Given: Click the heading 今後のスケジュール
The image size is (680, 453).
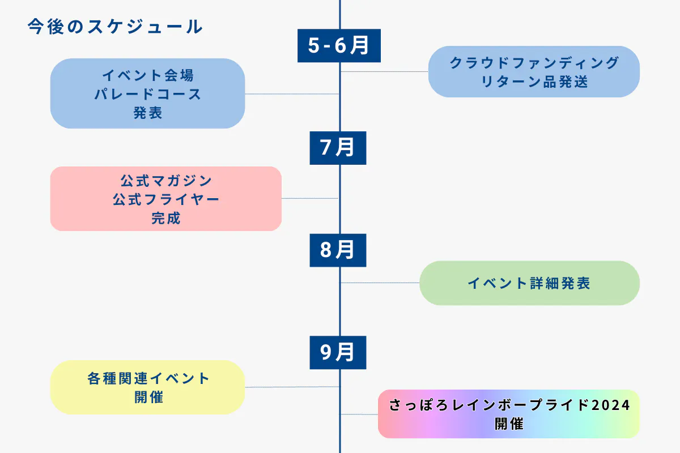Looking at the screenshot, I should coord(115,27).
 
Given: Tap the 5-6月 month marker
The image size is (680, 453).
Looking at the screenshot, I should coord(339,45).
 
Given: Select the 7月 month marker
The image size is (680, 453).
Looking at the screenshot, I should coord(338,148).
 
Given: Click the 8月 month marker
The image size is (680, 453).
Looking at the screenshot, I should coord(338,250).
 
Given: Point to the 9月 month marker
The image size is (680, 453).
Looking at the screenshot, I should coord(338,352).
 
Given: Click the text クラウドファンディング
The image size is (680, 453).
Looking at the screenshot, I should coord(534,63).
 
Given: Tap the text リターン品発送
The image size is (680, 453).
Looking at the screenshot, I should coord(534,82).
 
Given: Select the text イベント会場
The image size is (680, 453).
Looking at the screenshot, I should coord(148,75).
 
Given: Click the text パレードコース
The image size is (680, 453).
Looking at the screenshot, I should coord(148,93).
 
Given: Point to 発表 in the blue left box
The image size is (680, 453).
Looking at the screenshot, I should coord(148,113).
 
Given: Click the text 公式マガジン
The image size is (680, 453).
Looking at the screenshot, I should coord(166,181).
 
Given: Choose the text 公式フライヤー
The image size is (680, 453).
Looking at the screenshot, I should coord(166,199).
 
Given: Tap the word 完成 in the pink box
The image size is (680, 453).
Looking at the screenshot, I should coord(166,218).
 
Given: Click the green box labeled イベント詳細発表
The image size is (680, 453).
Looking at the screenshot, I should coord(529,283).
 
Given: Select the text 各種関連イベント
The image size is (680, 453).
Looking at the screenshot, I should coord(148,378).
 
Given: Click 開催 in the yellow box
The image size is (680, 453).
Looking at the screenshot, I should coord(148,397).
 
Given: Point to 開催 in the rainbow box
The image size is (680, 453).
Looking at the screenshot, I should coord(509,424).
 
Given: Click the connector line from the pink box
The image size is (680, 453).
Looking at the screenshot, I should coord(310,199).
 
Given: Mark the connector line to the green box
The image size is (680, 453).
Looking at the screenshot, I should coord(380,283).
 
